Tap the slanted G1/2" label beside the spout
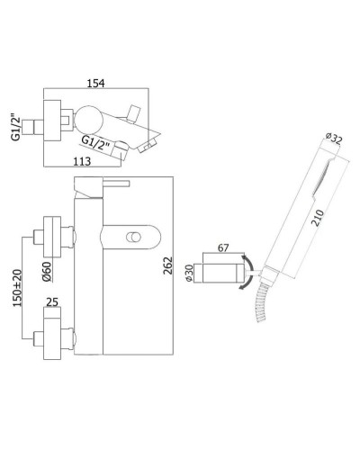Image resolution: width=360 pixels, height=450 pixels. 95,143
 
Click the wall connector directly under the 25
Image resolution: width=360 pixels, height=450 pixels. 47,340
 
